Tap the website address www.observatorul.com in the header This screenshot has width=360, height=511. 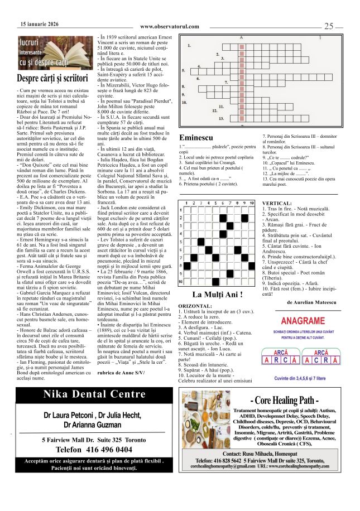pos(169,26)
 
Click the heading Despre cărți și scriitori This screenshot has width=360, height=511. pos(53,78)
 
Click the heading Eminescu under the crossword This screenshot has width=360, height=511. pos(196,137)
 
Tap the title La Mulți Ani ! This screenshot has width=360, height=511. pos(217,294)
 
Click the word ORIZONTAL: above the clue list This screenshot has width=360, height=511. pos(195,306)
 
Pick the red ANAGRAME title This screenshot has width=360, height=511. pos(303,321)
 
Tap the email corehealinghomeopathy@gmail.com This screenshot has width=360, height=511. pos(223,466)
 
